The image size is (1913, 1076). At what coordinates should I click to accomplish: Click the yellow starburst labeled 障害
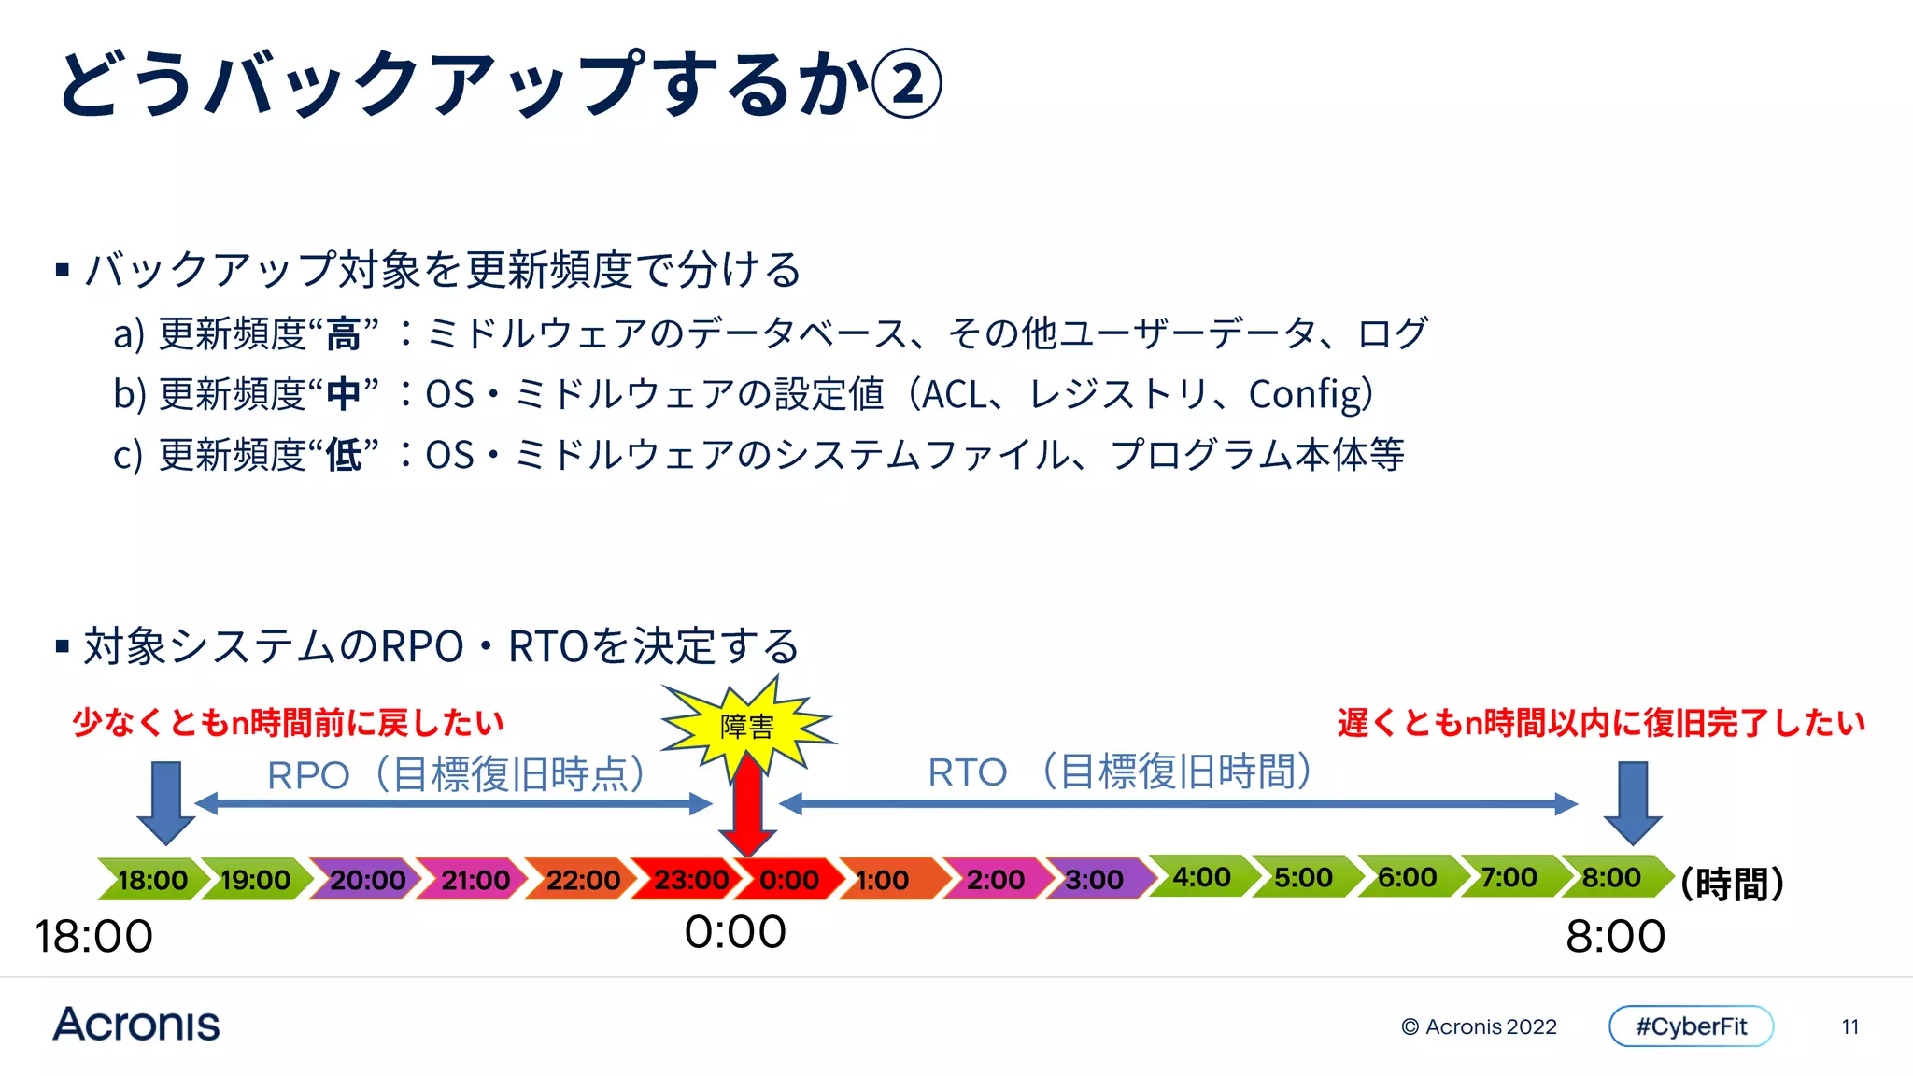(x=747, y=726)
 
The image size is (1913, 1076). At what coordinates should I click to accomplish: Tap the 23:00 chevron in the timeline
(x=689, y=879)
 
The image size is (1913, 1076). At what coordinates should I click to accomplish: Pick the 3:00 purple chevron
(x=1094, y=879)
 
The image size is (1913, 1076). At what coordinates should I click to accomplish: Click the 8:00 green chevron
(x=1612, y=877)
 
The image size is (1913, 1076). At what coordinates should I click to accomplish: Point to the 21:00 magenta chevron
(x=475, y=879)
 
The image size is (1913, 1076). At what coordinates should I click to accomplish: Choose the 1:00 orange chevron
(x=884, y=879)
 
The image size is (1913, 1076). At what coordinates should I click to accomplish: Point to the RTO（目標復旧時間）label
(x=1120, y=772)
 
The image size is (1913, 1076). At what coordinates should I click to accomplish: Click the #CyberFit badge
(x=1691, y=1026)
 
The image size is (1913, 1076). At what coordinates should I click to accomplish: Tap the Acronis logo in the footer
(x=136, y=1025)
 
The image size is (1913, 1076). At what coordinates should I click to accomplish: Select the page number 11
(x=1850, y=1026)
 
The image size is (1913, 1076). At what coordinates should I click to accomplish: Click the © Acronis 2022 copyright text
(x=1479, y=1026)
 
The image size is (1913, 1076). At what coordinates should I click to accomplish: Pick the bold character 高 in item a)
(x=343, y=334)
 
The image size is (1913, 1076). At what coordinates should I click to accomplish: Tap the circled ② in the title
(x=906, y=83)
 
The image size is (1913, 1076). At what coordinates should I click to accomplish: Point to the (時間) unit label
(x=1732, y=883)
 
